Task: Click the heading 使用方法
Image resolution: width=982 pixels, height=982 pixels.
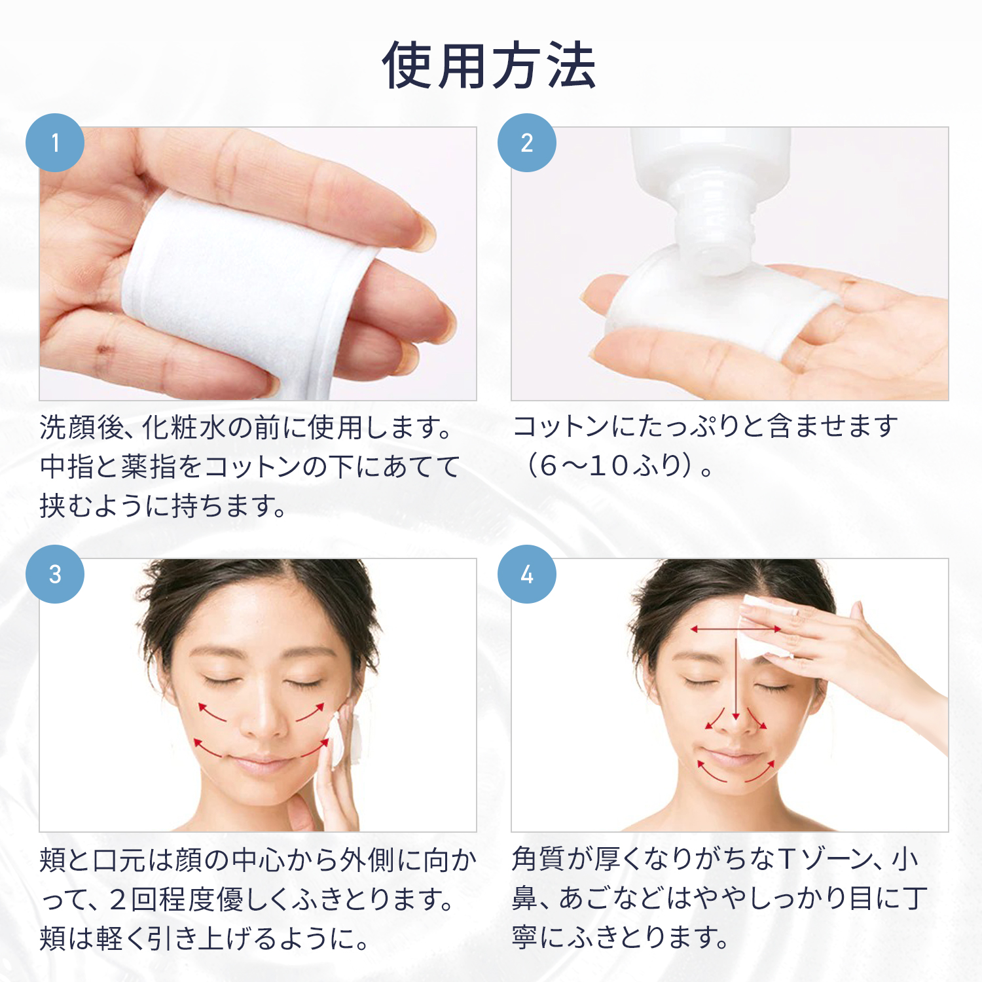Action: (489, 65)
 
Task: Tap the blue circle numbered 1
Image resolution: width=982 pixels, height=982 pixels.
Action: (55, 143)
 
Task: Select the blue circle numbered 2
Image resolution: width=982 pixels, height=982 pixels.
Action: (527, 143)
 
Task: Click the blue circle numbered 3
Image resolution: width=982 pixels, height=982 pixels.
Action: (55, 574)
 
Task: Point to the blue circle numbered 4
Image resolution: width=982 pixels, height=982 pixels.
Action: (527, 574)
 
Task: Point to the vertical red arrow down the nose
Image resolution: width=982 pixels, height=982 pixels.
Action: (736, 674)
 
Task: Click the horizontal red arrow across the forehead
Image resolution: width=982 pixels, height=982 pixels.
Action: (736, 629)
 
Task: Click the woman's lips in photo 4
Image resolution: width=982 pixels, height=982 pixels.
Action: (735, 756)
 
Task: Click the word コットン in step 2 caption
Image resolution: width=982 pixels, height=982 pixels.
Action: (562, 426)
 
